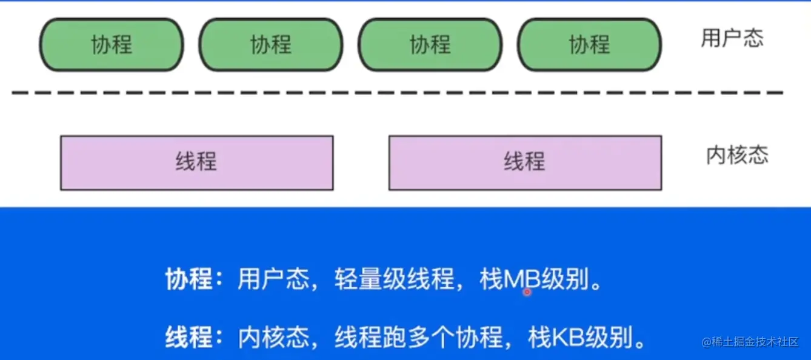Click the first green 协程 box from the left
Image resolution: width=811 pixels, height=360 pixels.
coord(112,45)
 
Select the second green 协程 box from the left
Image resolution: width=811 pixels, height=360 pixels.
coord(271,45)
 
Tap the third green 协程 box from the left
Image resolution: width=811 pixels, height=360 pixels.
coord(430,45)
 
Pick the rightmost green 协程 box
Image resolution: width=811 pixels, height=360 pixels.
coord(589,45)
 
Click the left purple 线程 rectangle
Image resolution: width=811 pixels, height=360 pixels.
coord(196,162)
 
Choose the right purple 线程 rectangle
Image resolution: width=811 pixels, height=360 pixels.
coord(525,162)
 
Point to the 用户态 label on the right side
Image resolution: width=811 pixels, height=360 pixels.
coord(732,38)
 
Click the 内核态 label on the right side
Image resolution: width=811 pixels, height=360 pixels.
coord(737,155)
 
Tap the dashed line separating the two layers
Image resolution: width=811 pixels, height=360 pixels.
coord(397,93)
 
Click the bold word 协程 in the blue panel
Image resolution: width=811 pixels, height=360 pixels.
coord(189,280)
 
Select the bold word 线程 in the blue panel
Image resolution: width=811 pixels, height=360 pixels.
coord(189,337)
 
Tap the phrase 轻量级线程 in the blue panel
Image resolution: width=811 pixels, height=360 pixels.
coord(394,280)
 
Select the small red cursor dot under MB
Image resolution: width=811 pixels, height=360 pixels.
coord(527,292)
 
